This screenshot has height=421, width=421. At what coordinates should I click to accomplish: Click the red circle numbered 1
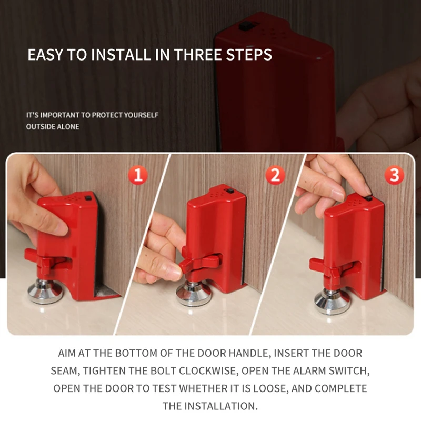tap(138, 175)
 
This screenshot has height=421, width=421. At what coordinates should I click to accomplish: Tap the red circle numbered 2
tap(275, 175)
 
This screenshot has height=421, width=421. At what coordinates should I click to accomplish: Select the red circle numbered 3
tap(394, 175)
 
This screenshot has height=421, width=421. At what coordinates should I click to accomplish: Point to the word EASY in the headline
tap(45, 55)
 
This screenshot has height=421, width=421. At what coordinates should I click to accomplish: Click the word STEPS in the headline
tap(249, 55)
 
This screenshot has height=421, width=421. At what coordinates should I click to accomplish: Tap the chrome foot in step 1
tap(45, 292)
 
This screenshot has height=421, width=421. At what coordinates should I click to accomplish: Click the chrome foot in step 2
tap(193, 294)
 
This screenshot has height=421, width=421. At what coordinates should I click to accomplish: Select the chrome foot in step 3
tap(332, 302)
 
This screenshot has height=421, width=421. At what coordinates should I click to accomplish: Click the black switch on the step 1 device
tap(88, 198)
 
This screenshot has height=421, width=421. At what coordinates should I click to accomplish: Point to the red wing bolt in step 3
tap(331, 268)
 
